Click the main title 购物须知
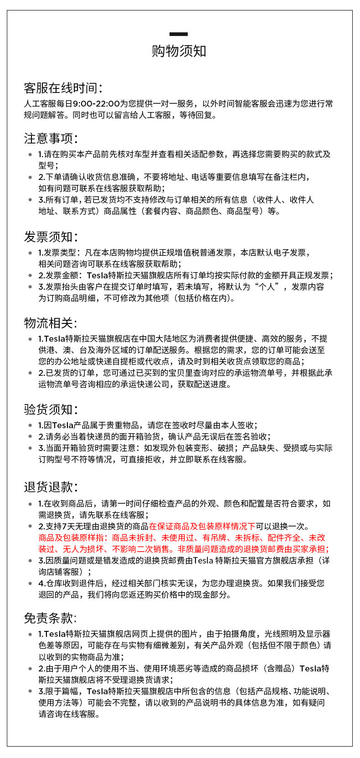pos(179,51)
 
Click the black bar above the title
pos(179,34)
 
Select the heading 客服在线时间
pos(63,88)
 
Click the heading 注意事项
pos(51,138)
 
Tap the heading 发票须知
pos(51,237)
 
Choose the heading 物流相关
pos(51,323)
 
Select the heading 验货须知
pos(51,409)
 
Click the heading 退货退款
pos(51,487)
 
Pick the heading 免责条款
pos(51,618)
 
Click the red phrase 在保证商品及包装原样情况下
pos(202,527)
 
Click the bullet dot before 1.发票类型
pos(31,253)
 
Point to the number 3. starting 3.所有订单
pos(41,200)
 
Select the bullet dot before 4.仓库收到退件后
pos(31,584)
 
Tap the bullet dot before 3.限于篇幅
pos(31,691)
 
